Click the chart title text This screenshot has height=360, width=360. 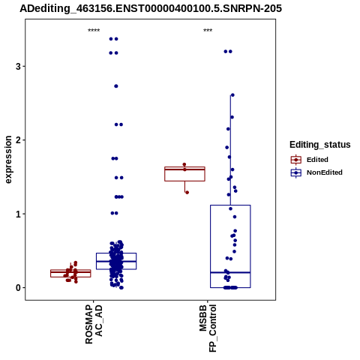[x=151, y=8]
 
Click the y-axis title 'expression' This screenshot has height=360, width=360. [x=8, y=160]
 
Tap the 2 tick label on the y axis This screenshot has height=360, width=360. [x=18, y=140]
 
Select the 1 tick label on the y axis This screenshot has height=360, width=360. [x=18, y=214]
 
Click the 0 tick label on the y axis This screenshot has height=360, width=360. [x=18, y=288]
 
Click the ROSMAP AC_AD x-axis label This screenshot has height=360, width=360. [x=94, y=324]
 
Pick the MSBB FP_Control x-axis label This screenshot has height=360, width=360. [x=208, y=328]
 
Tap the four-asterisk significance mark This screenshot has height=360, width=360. [x=94, y=31]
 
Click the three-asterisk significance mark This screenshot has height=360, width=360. [x=208, y=31]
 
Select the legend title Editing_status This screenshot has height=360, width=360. [x=320, y=145]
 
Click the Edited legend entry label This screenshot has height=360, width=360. [x=317, y=160]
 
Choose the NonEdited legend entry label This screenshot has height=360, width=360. [x=325, y=172]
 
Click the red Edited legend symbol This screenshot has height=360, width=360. [x=296, y=160]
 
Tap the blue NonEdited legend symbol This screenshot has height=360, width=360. [x=296, y=172]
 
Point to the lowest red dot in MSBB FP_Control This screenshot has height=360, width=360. [x=187, y=193]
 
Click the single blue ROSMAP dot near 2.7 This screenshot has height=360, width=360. [x=116, y=86]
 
